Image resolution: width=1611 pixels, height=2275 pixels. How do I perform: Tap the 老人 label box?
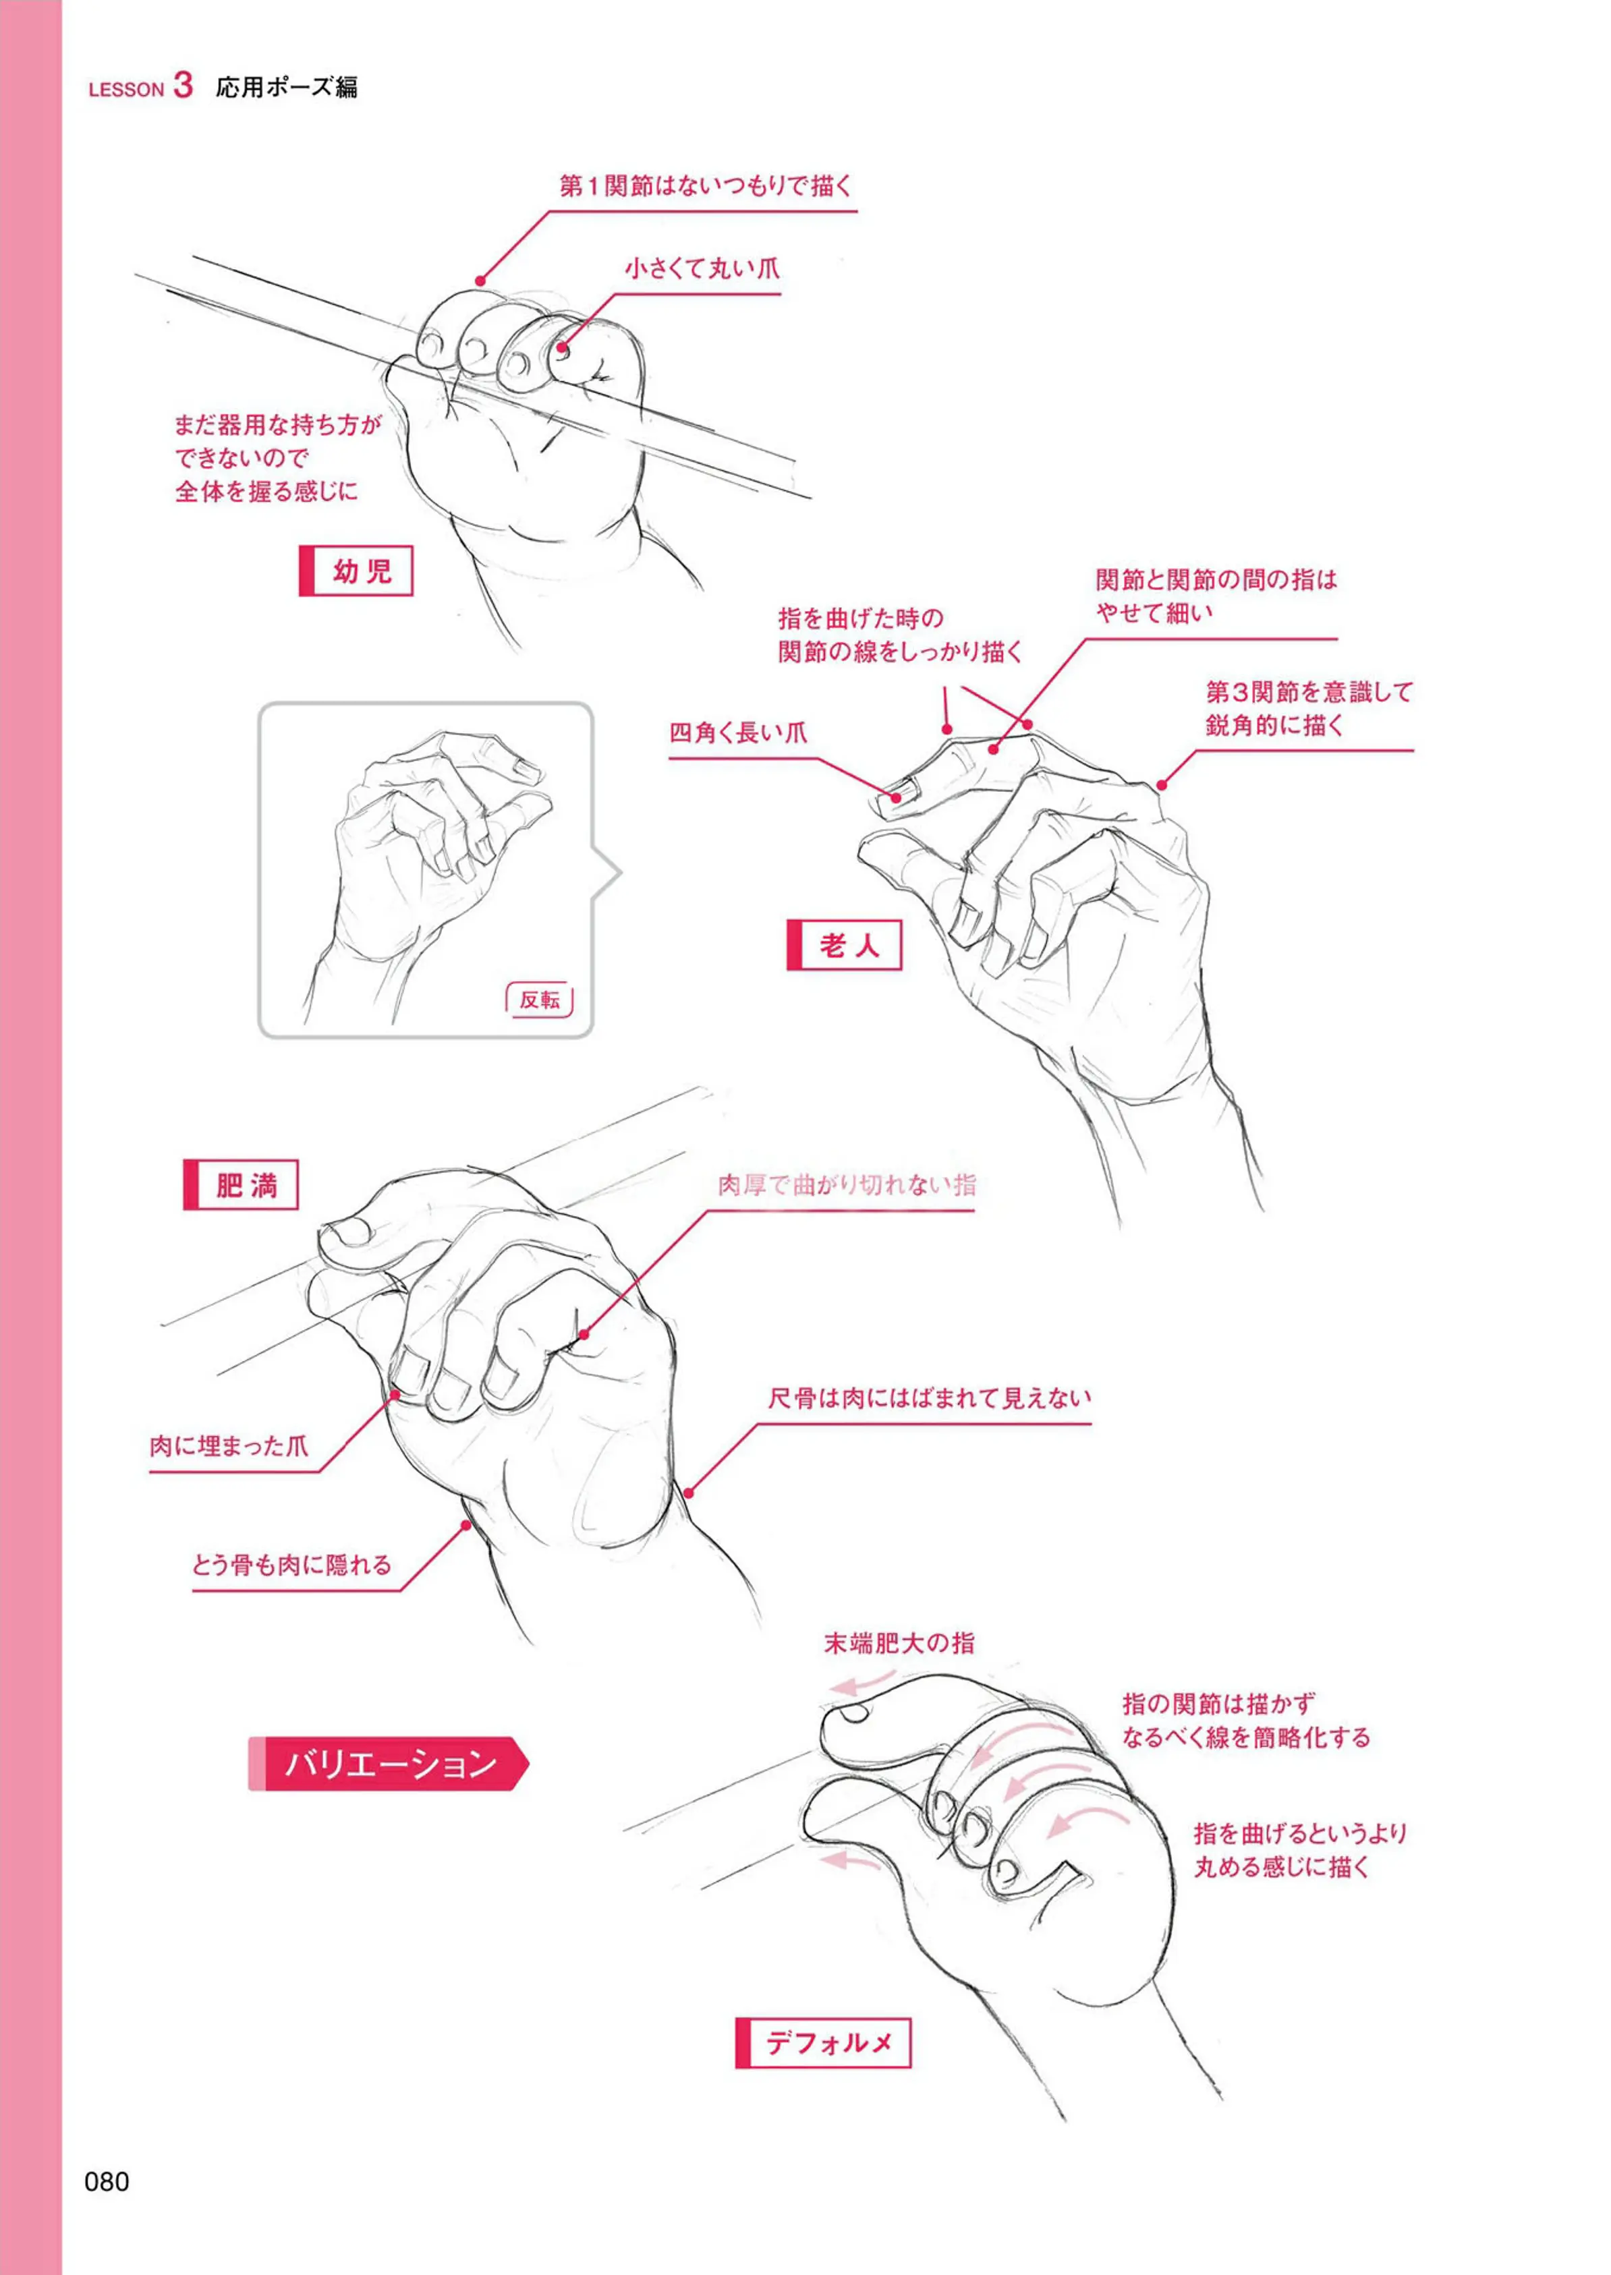pos(844,944)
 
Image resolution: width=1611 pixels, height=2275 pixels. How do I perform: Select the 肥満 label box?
pos(240,1184)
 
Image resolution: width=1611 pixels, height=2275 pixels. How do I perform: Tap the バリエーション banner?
pos(388,1763)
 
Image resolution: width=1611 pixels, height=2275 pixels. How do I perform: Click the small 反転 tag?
pos(540,1000)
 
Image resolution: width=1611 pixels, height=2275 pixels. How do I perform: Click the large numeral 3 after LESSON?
pos(183,84)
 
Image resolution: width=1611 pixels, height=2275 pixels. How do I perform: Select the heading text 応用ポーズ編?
pos(287,87)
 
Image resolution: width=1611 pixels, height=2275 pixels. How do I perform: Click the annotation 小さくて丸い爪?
pos(702,268)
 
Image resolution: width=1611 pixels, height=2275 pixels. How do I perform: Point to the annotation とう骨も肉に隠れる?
pos(291,1565)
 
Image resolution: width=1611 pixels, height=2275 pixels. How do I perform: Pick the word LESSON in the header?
pos(126,89)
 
